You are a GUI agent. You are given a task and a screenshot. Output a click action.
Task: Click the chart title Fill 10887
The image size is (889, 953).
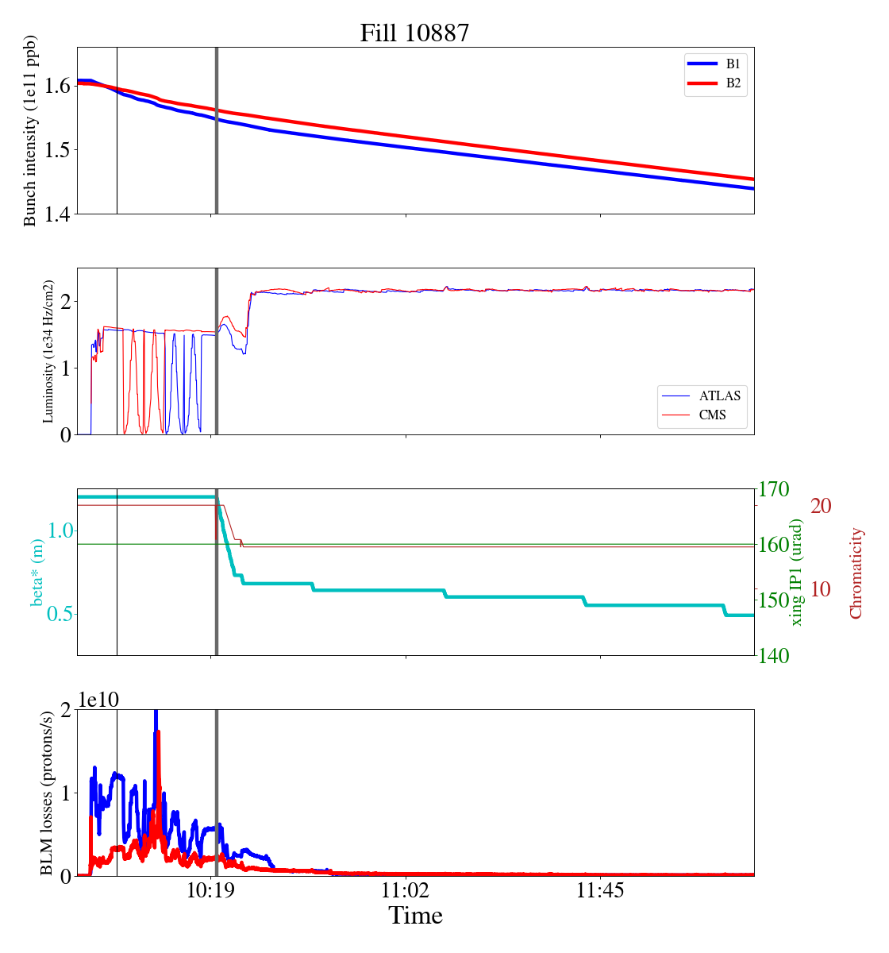414,33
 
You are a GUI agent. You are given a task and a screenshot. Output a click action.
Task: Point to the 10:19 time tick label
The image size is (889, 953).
211,891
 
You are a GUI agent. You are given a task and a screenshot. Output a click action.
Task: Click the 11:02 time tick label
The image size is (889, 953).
406,891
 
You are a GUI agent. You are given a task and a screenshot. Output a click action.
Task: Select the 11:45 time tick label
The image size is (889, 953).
600,891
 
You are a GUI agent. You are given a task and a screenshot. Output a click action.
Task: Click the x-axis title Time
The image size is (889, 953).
415,916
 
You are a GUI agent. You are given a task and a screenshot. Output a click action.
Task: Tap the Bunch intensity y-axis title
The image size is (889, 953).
30,131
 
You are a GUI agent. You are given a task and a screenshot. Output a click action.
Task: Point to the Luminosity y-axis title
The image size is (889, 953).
48,351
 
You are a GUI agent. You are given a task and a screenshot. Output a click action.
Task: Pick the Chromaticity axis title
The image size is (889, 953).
855,573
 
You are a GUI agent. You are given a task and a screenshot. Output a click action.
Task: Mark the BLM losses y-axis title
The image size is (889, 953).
47,793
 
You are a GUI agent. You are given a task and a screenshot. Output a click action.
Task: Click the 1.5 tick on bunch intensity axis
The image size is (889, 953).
57,150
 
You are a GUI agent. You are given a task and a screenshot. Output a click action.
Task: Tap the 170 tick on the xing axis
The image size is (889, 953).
775,489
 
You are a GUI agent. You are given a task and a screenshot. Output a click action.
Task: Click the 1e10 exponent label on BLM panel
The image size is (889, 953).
99,700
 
